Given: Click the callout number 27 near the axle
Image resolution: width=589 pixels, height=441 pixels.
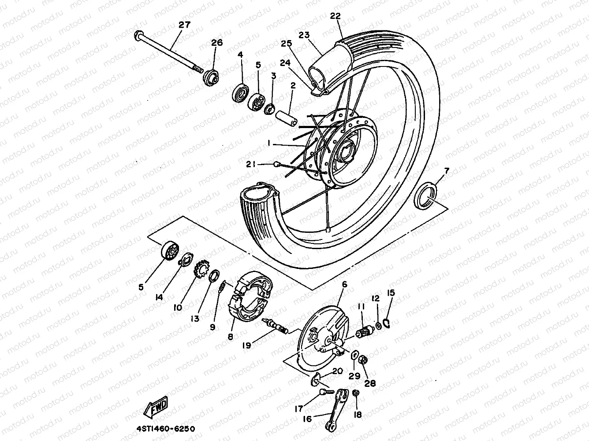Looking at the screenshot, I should [184, 25].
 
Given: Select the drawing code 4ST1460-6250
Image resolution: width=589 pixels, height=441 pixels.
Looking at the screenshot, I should [163, 428].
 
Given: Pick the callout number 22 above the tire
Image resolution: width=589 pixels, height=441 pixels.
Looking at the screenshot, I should [336, 16].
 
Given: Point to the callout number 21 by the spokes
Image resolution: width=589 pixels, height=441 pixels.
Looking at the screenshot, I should [251, 164].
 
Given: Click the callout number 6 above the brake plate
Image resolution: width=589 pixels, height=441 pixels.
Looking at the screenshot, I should [344, 285].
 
